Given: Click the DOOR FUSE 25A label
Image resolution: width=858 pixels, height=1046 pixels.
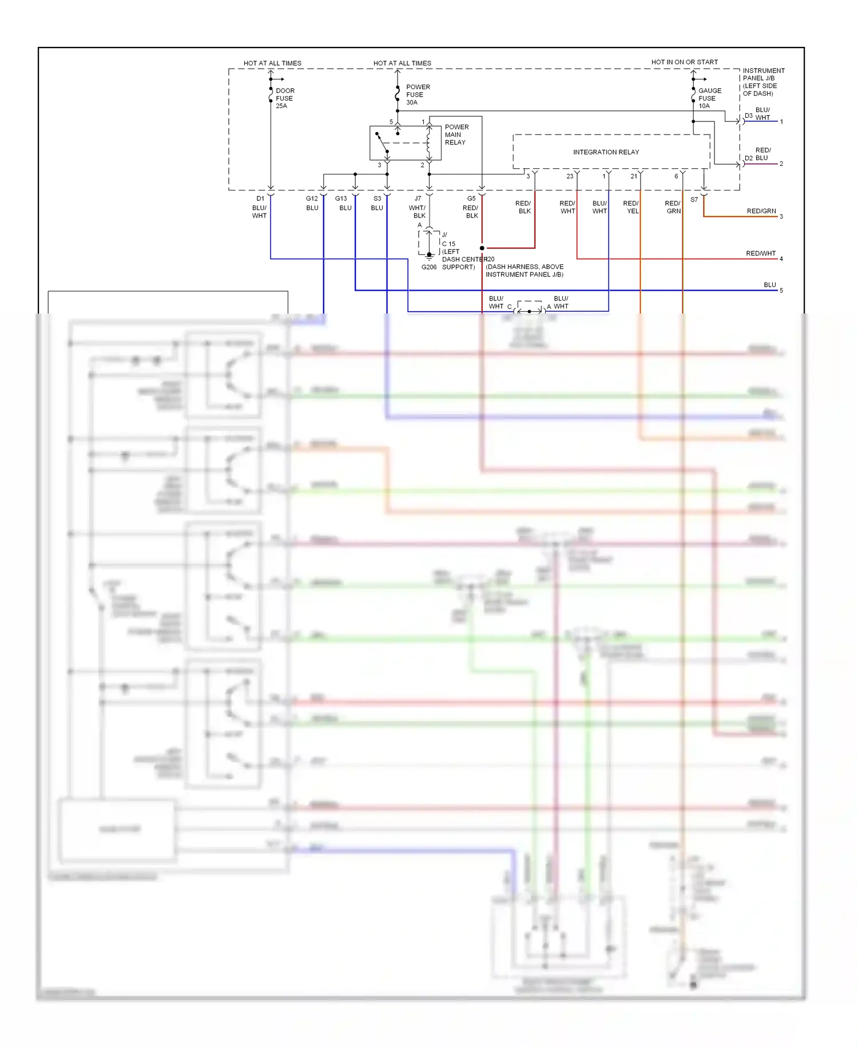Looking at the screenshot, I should pyautogui.click(x=284, y=98).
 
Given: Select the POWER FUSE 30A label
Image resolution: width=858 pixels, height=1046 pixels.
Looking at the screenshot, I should pyautogui.click(x=417, y=95).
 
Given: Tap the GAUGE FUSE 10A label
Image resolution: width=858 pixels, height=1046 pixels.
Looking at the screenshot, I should pyautogui.click(x=709, y=98).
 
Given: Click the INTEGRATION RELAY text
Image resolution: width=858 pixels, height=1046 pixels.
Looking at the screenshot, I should pyautogui.click(x=606, y=152).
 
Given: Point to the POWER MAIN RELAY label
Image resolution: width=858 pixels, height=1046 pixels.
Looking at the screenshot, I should pyautogui.click(x=456, y=135).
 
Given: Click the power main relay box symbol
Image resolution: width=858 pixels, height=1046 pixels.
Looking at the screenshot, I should pyautogui.click(x=405, y=143).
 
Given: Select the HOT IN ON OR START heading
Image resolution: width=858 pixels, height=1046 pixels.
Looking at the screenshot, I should pyautogui.click(x=684, y=62).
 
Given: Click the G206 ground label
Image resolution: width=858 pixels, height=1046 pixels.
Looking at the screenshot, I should pyautogui.click(x=428, y=267).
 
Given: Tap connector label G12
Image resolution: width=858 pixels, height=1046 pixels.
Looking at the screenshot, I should pyautogui.click(x=312, y=199).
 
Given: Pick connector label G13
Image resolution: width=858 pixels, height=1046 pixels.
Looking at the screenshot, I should pyautogui.click(x=341, y=199).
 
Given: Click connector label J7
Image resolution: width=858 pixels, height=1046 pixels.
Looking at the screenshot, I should pyautogui.click(x=418, y=199).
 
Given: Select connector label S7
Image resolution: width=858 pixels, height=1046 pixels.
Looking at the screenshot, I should pyautogui.click(x=694, y=200).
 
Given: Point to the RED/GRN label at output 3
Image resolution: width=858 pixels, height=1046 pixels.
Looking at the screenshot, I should pyautogui.click(x=761, y=211).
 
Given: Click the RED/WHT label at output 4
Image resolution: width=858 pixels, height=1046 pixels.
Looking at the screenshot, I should pyautogui.click(x=760, y=253).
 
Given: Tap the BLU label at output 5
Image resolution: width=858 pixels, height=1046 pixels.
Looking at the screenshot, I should pyautogui.click(x=769, y=285).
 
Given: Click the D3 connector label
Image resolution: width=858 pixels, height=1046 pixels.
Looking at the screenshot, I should pyautogui.click(x=748, y=116).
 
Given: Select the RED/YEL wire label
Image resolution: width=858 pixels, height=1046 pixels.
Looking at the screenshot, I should pyautogui.click(x=631, y=207).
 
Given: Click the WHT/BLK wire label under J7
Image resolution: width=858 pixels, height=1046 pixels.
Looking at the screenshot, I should pyautogui.click(x=418, y=212).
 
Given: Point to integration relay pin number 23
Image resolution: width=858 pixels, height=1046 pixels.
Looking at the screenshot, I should pyautogui.click(x=570, y=176).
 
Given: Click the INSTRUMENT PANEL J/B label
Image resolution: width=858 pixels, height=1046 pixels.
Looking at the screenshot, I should pyautogui.click(x=763, y=82).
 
